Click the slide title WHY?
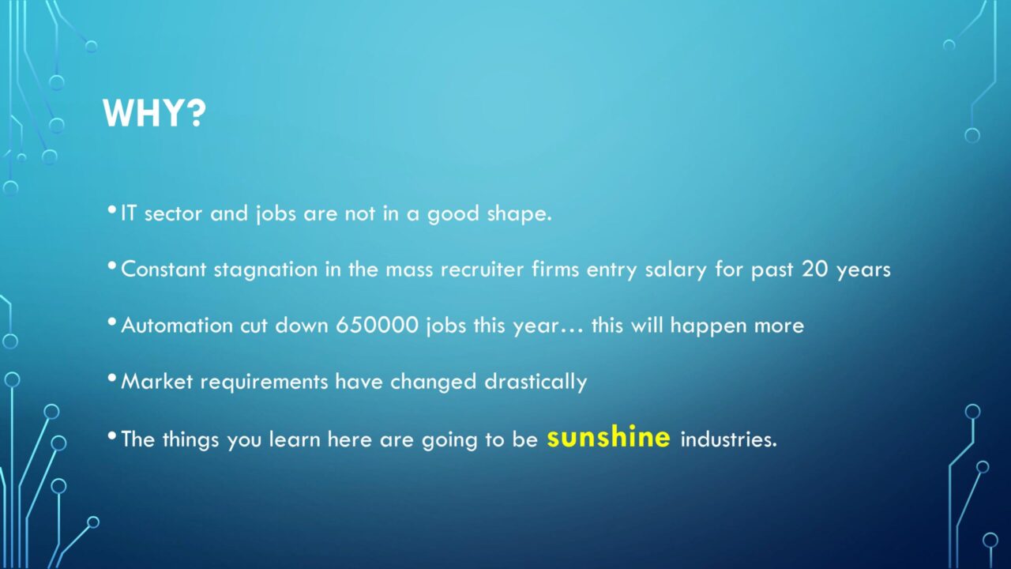point(154,113)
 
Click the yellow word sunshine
point(608,437)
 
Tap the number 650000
point(377,325)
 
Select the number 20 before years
point(814,269)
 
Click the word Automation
point(177,325)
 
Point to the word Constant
point(163,269)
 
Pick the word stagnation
point(265,270)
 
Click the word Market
point(156,382)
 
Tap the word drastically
point(536,382)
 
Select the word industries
point(728,439)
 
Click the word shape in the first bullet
point(519,214)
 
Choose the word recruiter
point(482,269)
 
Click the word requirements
point(264,382)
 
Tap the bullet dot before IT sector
point(112,210)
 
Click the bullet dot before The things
point(112,435)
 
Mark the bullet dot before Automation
point(112,322)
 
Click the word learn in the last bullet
point(295,439)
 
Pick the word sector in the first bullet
point(173,214)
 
